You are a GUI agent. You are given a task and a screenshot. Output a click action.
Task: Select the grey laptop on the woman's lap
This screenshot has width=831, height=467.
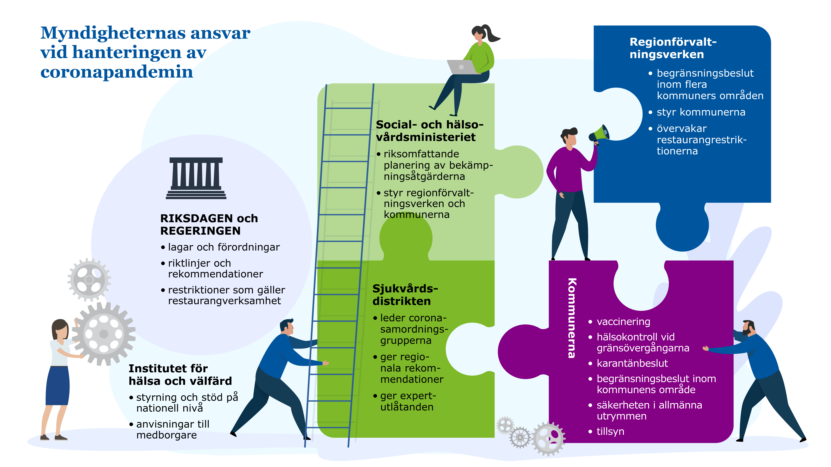pos(461,67)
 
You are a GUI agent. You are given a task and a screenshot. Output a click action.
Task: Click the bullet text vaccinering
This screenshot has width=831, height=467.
pos(623,322)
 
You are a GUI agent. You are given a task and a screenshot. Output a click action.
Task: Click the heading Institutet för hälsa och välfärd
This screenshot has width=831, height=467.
pos(180,375)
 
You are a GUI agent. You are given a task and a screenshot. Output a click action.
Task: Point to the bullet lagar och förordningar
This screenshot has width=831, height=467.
pos(224,247)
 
